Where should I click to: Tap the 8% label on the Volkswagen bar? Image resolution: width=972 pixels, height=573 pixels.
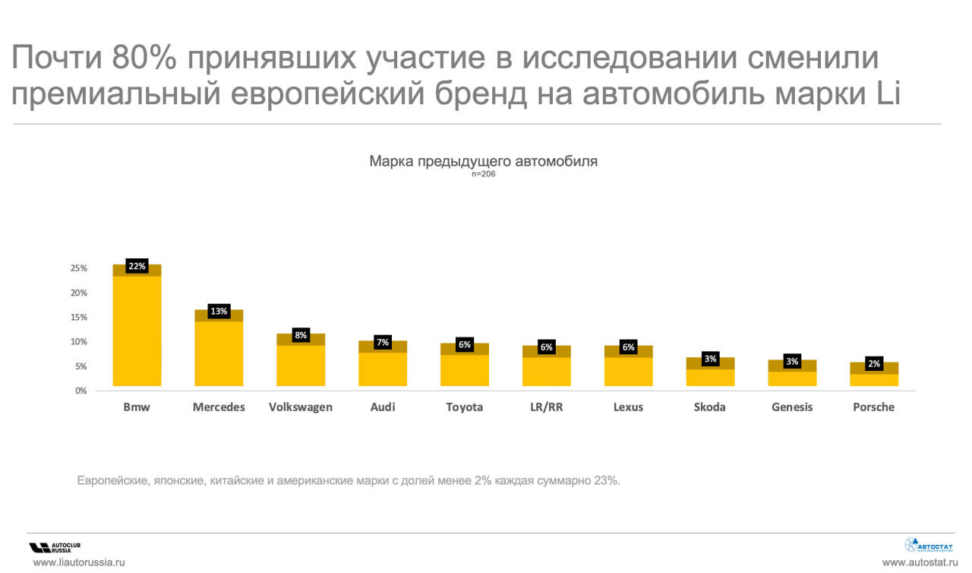301,335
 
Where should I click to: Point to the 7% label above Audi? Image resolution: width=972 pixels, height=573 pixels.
383,342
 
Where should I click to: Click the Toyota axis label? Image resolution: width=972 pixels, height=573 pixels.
464,407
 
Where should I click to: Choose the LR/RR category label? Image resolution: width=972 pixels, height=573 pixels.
546,407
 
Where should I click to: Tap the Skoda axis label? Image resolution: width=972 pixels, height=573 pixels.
709,407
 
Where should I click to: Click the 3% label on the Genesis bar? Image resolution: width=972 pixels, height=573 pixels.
792,362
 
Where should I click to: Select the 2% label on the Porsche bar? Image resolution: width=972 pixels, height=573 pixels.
874,364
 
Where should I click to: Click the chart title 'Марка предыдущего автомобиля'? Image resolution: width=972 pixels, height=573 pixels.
483,161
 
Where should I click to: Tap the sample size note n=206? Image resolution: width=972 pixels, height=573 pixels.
483,174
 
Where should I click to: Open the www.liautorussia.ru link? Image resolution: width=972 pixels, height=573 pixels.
78,563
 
